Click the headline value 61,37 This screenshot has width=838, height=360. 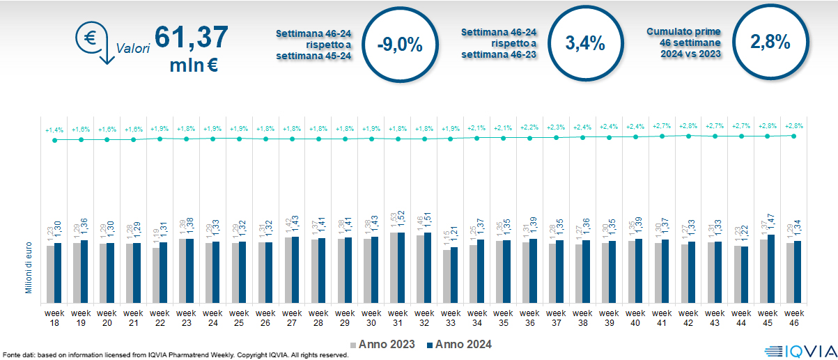[191, 37]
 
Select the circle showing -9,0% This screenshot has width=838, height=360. [399, 43]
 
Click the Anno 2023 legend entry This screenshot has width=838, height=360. [383, 344]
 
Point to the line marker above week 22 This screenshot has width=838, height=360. [160, 139]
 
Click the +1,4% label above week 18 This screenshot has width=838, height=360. [54, 130]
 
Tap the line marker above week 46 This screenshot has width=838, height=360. [794, 135]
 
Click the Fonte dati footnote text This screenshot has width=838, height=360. [174, 355]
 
